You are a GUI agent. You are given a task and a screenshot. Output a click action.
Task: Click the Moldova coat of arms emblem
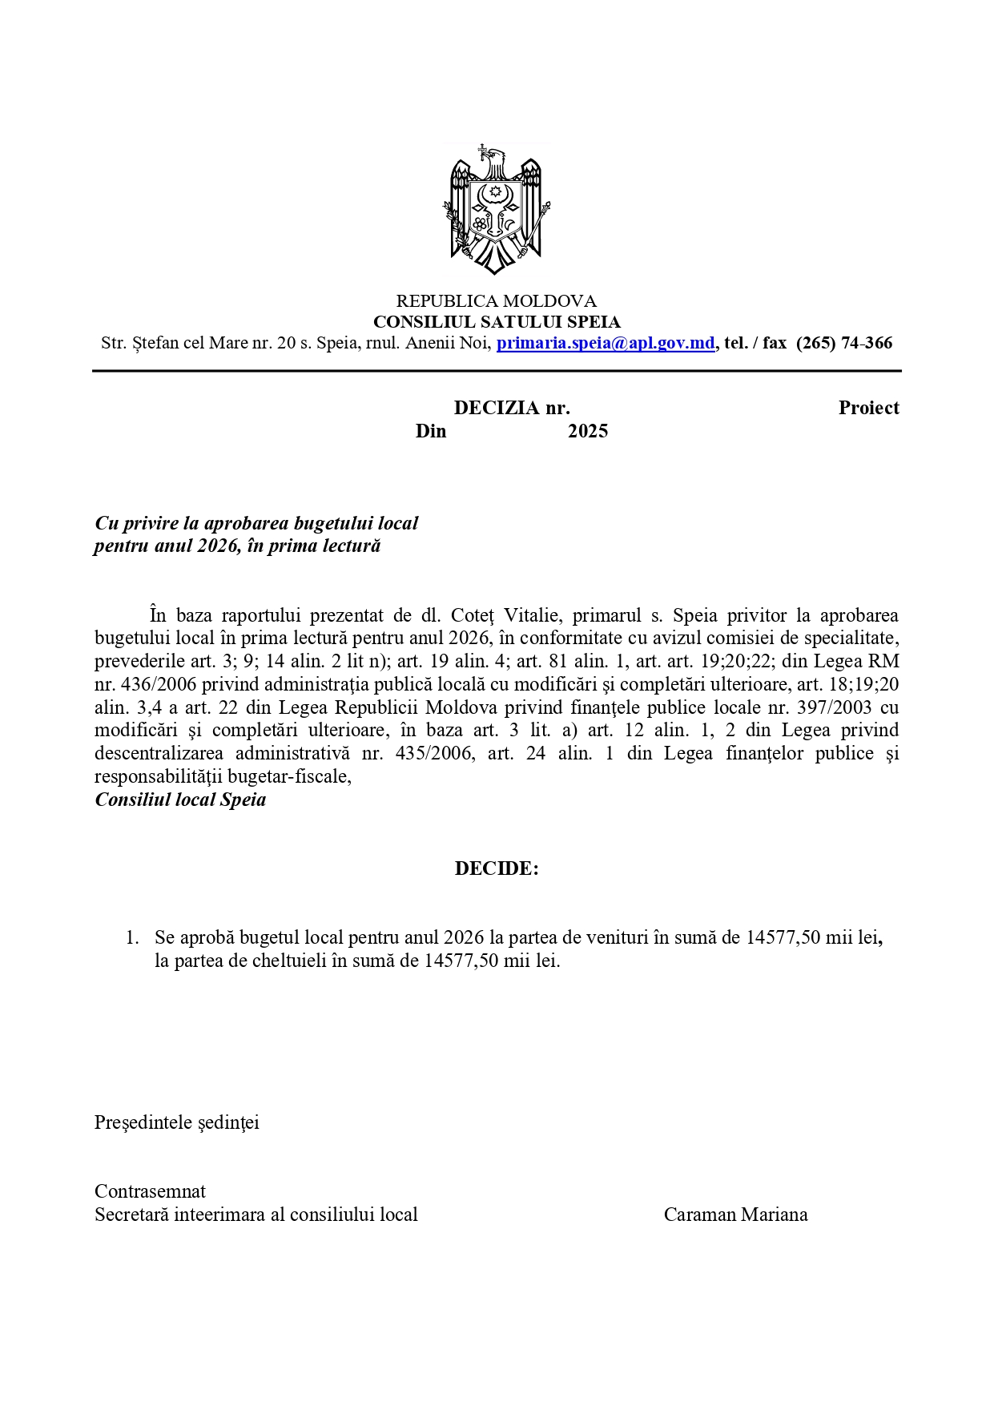[x=497, y=210]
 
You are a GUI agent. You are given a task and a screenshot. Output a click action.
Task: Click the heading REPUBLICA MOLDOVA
[x=497, y=301]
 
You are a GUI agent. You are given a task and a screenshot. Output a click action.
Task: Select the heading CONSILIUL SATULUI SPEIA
[x=497, y=322]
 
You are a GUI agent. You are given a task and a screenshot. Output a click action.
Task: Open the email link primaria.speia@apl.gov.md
[x=606, y=343]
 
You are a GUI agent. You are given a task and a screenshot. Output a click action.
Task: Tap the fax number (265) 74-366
[x=844, y=343]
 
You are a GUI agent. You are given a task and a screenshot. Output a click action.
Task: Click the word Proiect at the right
[x=868, y=408]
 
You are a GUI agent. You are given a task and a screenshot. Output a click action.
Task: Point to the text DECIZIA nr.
[x=512, y=408]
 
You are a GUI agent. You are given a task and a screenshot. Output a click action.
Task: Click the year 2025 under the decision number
[x=588, y=431]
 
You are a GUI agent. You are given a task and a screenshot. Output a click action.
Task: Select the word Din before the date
[x=431, y=431]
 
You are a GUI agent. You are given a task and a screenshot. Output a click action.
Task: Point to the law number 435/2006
[x=430, y=753]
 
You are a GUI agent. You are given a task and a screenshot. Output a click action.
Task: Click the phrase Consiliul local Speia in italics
[x=180, y=800]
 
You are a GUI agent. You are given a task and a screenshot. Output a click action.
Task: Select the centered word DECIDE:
[x=497, y=868]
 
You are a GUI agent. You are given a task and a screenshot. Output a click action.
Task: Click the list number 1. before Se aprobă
[x=132, y=937]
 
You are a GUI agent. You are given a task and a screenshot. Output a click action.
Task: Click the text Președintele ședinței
[x=177, y=1122]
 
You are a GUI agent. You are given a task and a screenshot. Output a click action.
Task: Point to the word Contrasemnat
[x=150, y=1191]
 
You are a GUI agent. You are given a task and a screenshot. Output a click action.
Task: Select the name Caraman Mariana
[x=735, y=1215]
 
